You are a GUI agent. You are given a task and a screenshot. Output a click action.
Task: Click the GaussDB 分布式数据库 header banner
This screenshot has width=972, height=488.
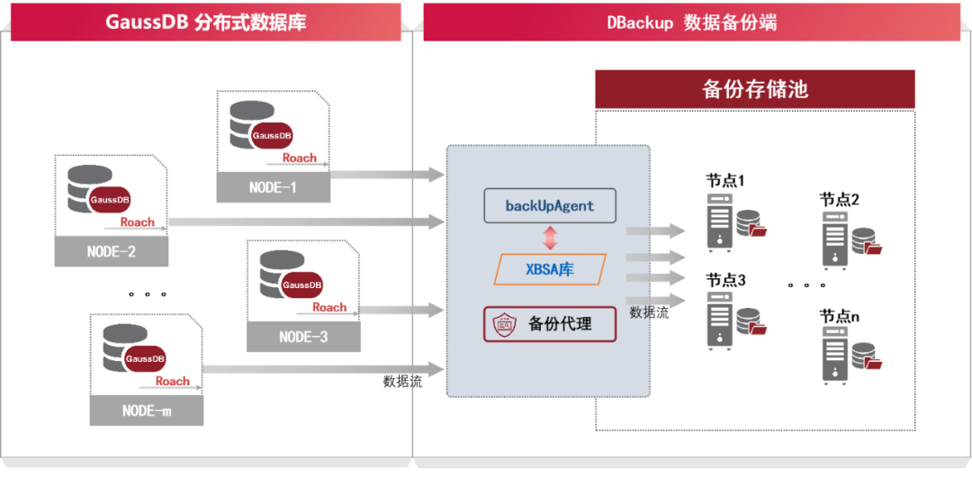pyautogui.click(x=206, y=22)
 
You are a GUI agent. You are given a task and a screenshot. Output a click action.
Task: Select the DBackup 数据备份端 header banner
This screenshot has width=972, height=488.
pyautogui.click(x=691, y=23)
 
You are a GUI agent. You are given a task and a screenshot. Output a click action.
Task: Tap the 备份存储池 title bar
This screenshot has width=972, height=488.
pyautogui.click(x=754, y=89)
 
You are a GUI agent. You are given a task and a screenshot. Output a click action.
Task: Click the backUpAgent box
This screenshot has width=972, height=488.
pyautogui.click(x=550, y=205)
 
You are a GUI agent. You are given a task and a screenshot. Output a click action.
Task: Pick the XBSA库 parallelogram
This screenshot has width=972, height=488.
pyautogui.click(x=550, y=269)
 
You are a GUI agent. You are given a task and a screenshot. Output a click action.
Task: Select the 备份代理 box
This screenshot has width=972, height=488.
pyautogui.click(x=550, y=324)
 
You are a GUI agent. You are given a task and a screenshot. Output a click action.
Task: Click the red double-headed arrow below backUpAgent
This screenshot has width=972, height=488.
pyautogui.click(x=550, y=238)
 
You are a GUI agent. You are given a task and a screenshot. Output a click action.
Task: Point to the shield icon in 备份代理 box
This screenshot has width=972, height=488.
pyautogui.click(x=502, y=324)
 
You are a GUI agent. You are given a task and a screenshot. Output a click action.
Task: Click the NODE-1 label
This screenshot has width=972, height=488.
pyautogui.click(x=273, y=188)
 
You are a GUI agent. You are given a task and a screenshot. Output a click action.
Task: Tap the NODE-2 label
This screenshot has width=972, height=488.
pyautogui.click(x=111, y=252)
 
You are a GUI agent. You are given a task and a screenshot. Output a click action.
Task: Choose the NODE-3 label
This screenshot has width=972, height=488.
pyautogui.click(x=302, y=337)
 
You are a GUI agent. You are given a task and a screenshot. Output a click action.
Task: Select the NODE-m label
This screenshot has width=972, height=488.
pyautogui.click(x=146, y=411)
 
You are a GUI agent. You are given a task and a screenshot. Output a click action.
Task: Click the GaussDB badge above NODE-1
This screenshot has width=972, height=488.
pyautogui.click(x=272, y=135)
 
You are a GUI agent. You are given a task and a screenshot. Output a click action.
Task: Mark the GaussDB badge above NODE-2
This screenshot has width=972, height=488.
pyautogui.click(x=109, y=199)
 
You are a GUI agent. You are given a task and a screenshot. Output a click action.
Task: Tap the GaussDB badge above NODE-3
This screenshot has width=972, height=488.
pyautogui.click(x=301, y=285)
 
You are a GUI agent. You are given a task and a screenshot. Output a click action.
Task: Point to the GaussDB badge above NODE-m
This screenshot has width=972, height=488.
pyautogui.click(x=145, y=358)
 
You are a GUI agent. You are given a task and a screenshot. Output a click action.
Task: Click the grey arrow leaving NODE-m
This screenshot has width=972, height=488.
pyautogui.click(x=324, y=369)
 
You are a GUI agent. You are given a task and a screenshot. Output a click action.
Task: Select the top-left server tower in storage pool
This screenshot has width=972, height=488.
pyautogui.click(x=718, y=221)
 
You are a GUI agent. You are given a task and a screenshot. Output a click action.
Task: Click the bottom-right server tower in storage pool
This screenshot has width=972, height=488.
pyautogui.click(x=834, y=356)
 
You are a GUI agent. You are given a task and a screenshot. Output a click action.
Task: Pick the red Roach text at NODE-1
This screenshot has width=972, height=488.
pyautogui.click(x=299, y=158)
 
